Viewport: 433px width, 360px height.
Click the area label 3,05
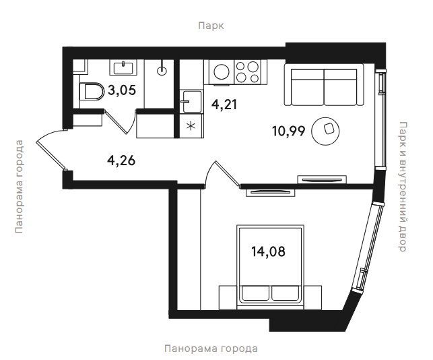click(122, 90)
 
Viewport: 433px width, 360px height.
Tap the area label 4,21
click(224, 104)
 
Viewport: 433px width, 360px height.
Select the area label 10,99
click(289, 131)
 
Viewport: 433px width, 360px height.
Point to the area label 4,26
click(121, 160)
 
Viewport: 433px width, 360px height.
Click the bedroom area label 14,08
click(268, 251)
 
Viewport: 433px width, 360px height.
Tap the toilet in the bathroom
click(92, 92)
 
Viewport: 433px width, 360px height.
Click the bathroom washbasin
click(123, 67)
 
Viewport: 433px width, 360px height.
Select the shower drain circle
click(162, 71)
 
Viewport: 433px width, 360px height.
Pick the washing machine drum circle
click(220, 72)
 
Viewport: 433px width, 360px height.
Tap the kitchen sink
click(191, 101)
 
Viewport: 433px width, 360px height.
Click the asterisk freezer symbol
click(191, 126)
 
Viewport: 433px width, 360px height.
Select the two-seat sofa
click(324, 85)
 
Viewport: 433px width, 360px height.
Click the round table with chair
click(325, 131)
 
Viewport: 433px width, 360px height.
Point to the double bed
click(270, 267)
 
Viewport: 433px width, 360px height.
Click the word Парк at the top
click(211, 26)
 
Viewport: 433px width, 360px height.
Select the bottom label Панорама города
click(211, 349)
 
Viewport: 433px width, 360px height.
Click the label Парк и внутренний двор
click(403, 186)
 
